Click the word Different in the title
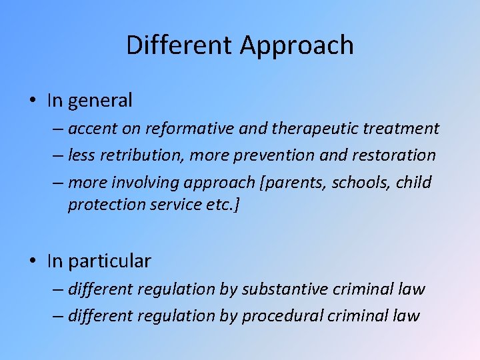pyautogui.click(x=180, y=45)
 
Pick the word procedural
pyautogui.click(x=283, y=315)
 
